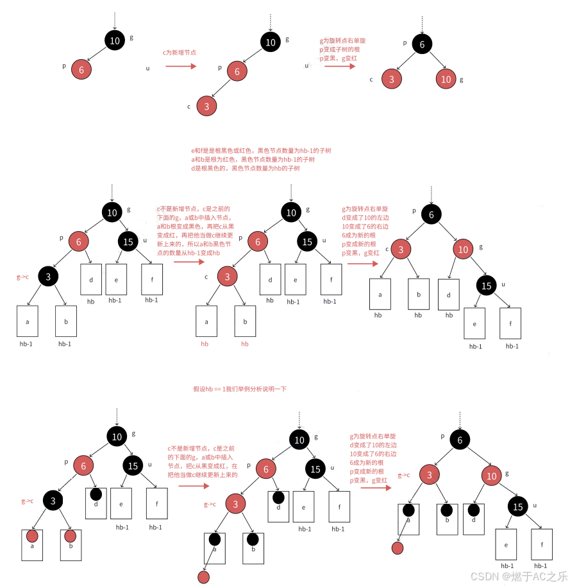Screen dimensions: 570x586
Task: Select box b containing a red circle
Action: (71, 540)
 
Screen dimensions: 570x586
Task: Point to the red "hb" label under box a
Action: (205, 344)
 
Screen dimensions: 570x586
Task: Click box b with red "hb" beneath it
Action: (245, 322)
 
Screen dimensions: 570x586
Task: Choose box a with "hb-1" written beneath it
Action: (28, 322)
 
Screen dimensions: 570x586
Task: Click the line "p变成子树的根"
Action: (343, 49)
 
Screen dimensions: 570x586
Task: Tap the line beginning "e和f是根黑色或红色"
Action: (260, 150)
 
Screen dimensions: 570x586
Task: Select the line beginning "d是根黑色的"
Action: (245, 168)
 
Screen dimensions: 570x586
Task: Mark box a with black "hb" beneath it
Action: (380, 295)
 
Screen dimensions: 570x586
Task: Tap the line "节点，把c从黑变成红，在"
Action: (203, 466)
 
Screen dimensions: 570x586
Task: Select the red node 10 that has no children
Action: (446, 80)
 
